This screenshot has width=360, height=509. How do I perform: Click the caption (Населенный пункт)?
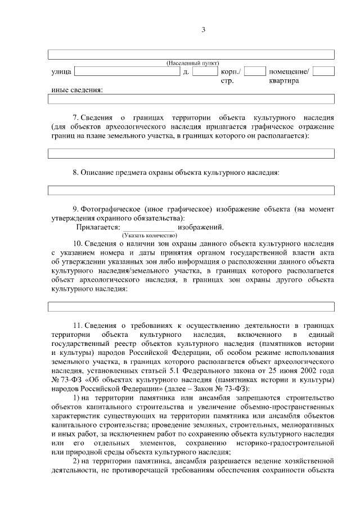tap(193, 63)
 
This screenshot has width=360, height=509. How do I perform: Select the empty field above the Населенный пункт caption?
tap(191, 54)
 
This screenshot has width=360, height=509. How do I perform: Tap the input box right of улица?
tap(127, 71)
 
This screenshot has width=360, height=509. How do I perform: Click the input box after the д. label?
tap(205, 71)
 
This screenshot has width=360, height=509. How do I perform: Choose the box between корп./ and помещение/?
tap(255, 71)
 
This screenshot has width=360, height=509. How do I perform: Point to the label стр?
tap(227, 81)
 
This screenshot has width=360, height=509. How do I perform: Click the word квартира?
tap(283, 81)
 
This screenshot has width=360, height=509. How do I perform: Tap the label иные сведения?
tap(76, 90)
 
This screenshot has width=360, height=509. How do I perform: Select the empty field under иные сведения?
tap(191, 100)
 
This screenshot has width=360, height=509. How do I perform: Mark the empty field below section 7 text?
tap(191, 153)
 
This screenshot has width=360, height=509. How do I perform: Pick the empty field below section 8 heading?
tap(191, 190)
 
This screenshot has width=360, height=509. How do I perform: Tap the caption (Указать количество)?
tap(146, 235)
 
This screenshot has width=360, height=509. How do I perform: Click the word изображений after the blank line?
tap(200, 227)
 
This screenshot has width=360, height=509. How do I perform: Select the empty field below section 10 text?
tap(191, 307)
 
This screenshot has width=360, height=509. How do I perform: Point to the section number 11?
tap(78, 326)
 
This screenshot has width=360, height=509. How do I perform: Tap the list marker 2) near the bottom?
tap(78, 462)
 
